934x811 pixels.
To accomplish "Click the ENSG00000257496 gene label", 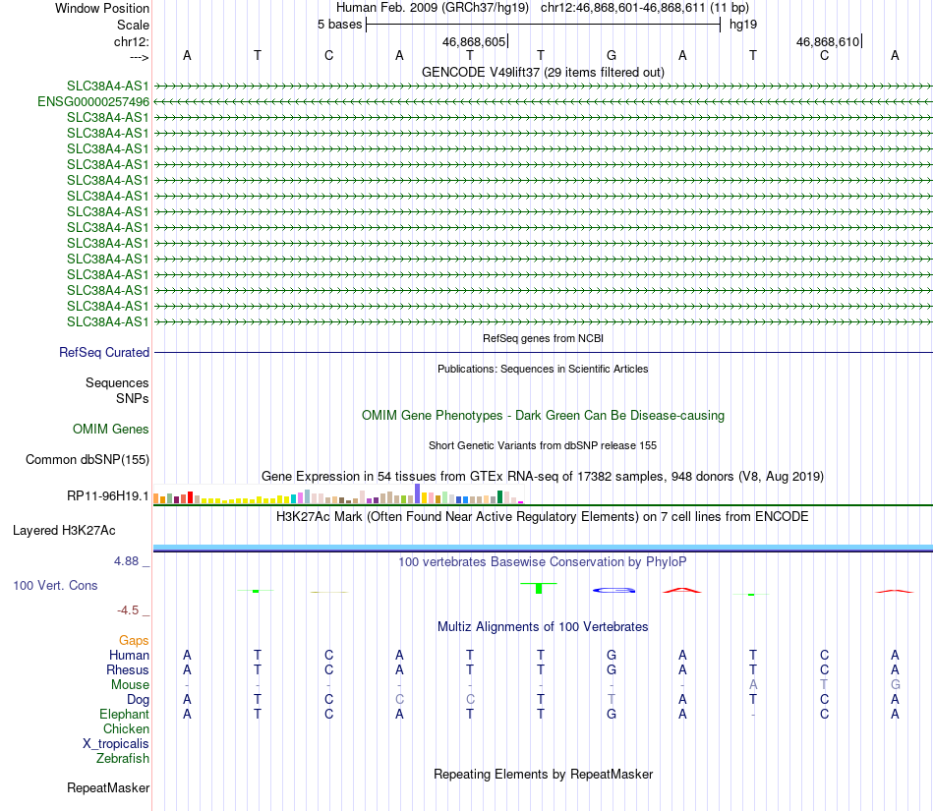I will point(93,101).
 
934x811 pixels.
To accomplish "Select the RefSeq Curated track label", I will point(104,352).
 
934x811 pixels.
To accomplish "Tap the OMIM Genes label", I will point(111,429).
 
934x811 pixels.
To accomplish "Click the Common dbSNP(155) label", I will point(88,459).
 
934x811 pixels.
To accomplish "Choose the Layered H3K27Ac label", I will point(64,530).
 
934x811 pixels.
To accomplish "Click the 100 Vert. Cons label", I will point(55,585).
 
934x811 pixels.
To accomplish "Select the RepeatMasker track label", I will point(108,787).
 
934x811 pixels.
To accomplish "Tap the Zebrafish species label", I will point(123,758).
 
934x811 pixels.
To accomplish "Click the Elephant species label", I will point(124,714).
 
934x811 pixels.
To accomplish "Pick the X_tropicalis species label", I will point(116,743).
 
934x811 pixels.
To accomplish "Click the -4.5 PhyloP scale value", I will point(131,609).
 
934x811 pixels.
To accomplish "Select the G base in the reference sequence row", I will point(612,55).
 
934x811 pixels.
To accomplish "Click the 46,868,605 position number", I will point(474,41).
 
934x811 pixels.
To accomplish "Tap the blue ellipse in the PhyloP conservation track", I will point(613,590).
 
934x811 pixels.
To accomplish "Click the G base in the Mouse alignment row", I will point(895,684).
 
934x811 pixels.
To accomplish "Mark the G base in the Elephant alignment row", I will point(612,714).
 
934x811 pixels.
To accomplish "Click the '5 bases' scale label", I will point(339,24).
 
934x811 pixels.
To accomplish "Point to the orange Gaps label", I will point(134,640).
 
